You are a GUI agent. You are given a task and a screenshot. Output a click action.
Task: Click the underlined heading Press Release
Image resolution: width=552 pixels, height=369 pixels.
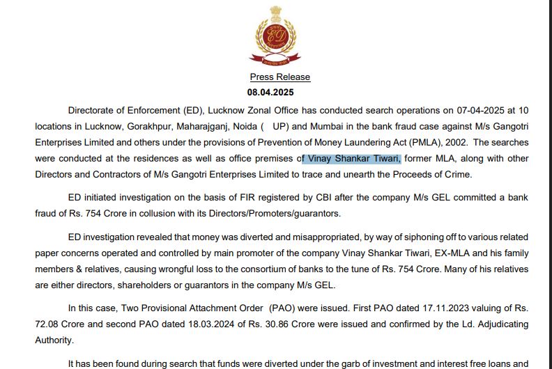pos(280,77)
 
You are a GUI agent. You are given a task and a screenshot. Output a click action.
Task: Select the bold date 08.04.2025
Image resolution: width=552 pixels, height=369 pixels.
pos(270,92)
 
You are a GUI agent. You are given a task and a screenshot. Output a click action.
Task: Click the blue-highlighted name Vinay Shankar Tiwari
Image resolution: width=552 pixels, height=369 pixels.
pos(354,159)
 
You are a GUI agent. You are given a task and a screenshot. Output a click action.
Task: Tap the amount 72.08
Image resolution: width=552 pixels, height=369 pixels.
pos(49,324)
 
